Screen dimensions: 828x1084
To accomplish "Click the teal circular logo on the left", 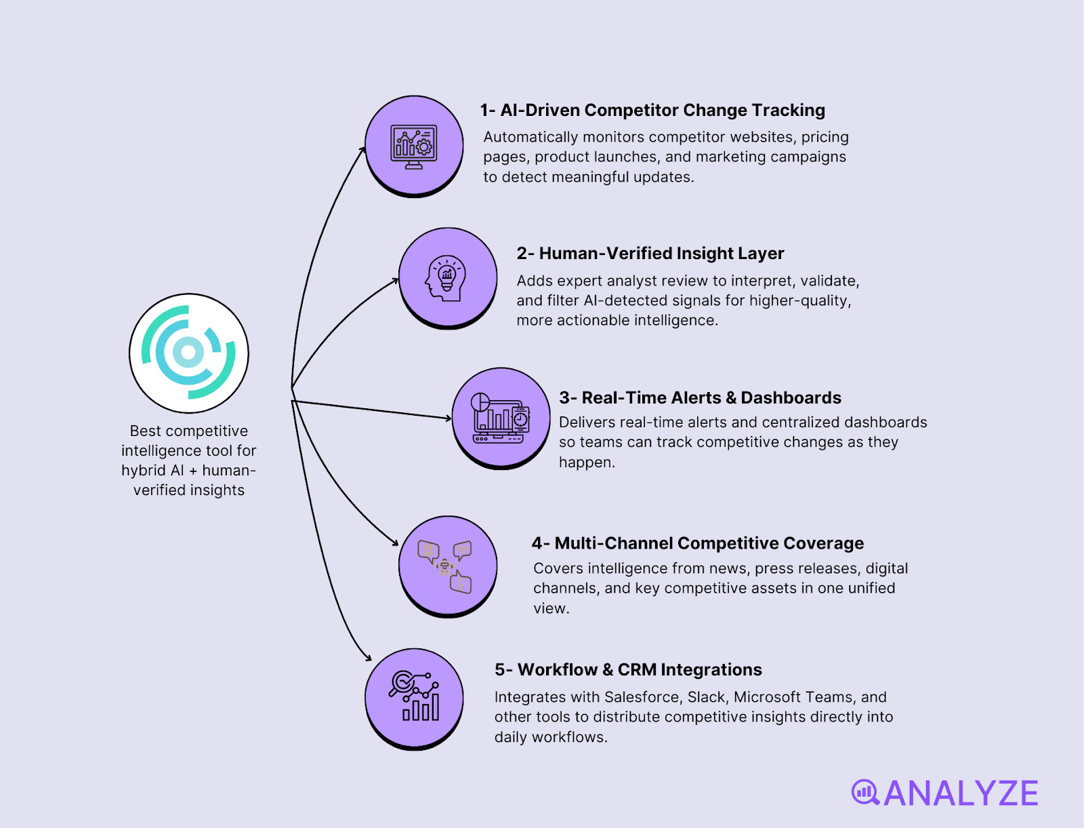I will point(189,353).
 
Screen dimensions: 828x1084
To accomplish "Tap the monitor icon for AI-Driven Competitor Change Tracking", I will point(414,146).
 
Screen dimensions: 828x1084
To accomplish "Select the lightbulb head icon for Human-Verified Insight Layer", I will point(447,278).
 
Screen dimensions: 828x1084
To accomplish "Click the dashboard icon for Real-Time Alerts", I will point(501,418).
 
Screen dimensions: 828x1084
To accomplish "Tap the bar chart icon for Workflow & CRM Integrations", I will point(414,697).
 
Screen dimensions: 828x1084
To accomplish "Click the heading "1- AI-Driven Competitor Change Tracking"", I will point(652,110).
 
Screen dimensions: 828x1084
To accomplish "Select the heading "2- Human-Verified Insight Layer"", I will point(650,254).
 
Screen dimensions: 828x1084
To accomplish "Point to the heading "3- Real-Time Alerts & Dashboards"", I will point(700,397).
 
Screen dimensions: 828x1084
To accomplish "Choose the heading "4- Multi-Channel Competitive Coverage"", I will point(698,543).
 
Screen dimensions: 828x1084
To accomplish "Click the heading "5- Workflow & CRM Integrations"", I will point(628,670).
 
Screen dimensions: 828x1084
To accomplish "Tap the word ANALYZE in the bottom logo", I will point(961,793).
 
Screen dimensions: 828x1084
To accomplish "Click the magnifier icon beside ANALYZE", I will point(865,792).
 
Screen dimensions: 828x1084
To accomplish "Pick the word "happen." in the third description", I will point(587,462).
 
